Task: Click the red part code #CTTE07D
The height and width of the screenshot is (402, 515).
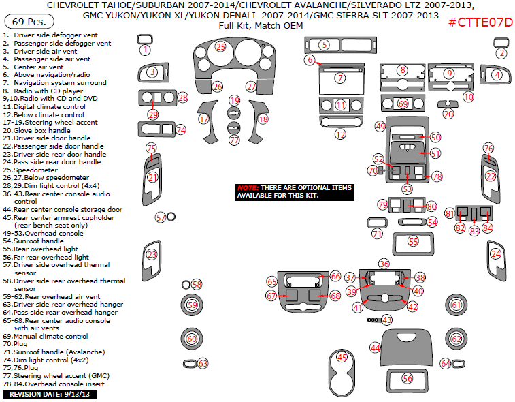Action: tap(480, 22)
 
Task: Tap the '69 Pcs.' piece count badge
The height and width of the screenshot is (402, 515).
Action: tap(23, 22)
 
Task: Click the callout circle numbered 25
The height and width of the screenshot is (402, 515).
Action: tap(220, 46)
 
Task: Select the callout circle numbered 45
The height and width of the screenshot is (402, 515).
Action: tap(342, 357)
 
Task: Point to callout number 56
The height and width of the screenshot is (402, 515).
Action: tap(408, 378)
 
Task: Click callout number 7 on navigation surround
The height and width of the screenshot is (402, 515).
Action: tap(339, 78)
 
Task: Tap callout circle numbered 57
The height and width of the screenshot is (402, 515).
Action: tap(161, 217)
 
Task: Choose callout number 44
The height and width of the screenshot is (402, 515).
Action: tap(375, 347)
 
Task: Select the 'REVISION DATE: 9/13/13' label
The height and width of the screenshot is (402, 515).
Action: tap(50, 395)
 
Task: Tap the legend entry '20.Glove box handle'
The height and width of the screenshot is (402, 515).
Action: tap(37, 130)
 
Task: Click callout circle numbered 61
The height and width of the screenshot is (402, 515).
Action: tap(456, 305)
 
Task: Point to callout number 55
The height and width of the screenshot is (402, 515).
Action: tap(413, 241)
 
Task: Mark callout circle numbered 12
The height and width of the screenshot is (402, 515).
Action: tap(340, 134)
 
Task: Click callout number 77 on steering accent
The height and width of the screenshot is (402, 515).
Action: tap(234, 140)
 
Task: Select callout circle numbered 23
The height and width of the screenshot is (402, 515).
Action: tap(152, 255)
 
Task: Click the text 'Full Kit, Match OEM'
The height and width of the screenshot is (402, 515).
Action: tap(256, 25)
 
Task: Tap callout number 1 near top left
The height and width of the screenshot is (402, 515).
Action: tap(145, 50)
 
